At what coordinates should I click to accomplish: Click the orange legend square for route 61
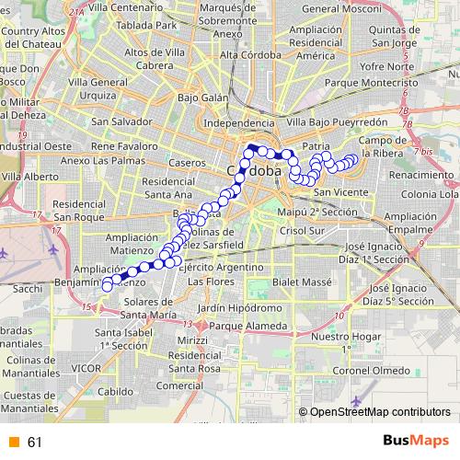(x=13, y=443)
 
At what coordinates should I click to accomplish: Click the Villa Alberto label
(x=30, y=175)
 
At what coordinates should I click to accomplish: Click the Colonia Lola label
(x=430, y=195)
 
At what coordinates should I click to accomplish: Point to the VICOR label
(x=86, y=368)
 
